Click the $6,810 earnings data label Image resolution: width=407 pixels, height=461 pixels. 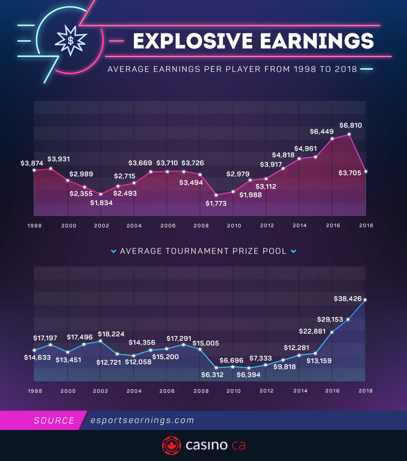351,125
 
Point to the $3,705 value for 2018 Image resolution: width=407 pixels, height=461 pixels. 350,173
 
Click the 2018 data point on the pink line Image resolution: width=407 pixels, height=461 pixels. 365,171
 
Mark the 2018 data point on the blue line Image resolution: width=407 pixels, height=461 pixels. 365,300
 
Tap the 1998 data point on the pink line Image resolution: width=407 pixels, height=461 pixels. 34,170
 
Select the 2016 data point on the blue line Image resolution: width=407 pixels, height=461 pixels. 332,332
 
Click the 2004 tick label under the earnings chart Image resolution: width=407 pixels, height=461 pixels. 134,225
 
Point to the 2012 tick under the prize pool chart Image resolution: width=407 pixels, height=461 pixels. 267,391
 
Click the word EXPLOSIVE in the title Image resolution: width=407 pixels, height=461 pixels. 193,41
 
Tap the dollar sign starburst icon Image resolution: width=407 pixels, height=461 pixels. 71,40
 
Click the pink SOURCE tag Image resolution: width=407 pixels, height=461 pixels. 54,421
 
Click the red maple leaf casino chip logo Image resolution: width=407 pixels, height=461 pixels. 171,446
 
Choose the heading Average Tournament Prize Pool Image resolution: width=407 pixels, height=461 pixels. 203,251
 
